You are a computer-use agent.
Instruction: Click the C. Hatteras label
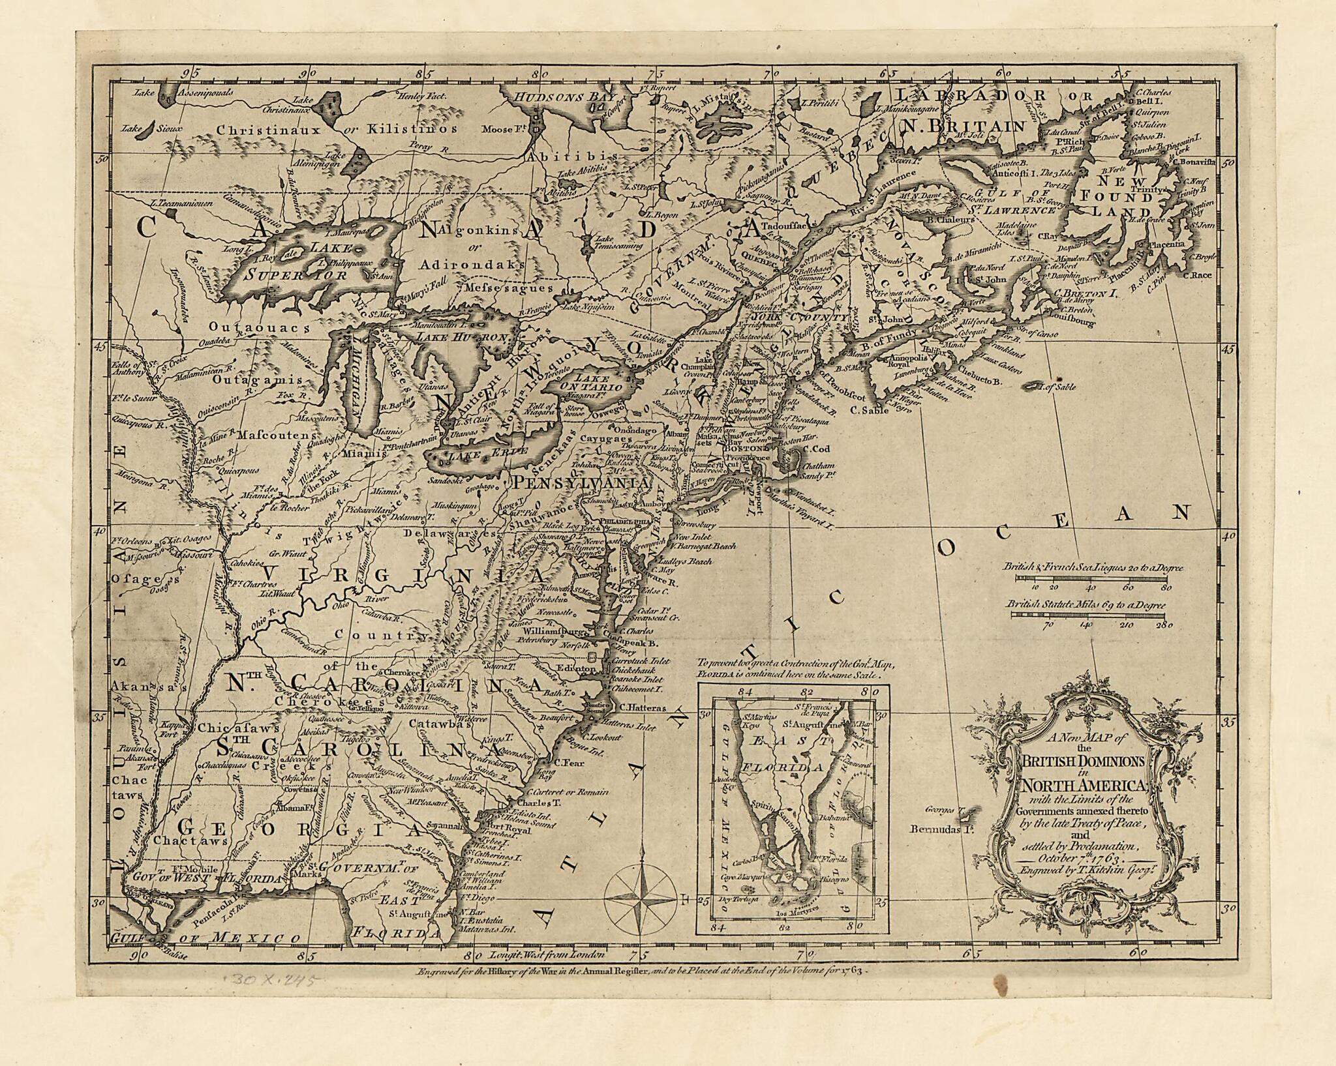click(642, 707)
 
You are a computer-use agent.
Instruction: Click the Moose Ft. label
click(501, 128)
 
